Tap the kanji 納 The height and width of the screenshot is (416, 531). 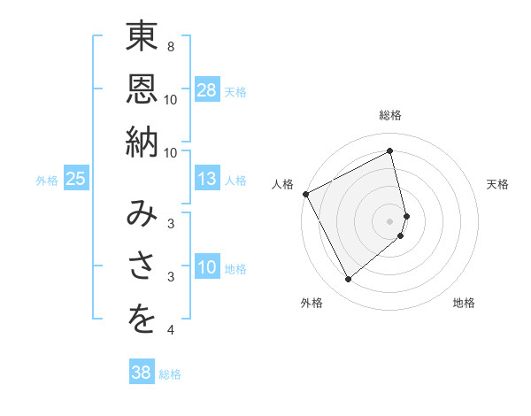(x=142, y=142)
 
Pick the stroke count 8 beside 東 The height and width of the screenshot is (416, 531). (x=170, y=46)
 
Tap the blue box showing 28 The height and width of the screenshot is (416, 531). (x=207, y=89)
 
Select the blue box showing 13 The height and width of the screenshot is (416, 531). (x=207, y=180)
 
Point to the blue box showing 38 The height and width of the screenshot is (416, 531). (x=141, y=373)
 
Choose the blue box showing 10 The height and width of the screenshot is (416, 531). (x=207, y=268)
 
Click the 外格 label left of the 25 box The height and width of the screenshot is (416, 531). (x=47, y=181)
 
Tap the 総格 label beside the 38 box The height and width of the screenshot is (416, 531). (x=170, y=374)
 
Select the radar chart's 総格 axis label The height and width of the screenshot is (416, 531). (x=390, y=115)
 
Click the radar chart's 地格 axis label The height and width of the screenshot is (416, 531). (x=464, y=303)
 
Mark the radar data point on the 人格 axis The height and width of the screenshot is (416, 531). (x=305, y=194)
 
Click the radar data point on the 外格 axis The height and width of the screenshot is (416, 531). (x=348, y=280)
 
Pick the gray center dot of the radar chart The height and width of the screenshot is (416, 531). (x=390, y=220)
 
